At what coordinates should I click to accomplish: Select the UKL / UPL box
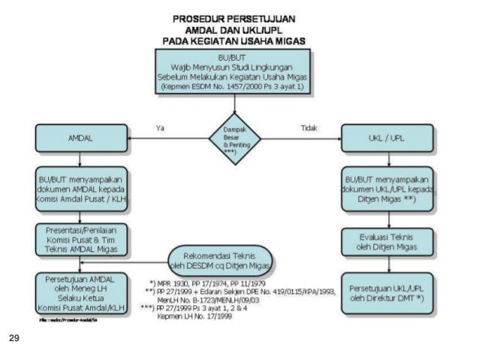(x=386, y=140)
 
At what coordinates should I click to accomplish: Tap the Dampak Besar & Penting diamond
(x=234, y=140)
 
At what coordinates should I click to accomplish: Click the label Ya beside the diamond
(x=159, y=128)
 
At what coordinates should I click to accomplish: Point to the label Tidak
(x=309, y=128)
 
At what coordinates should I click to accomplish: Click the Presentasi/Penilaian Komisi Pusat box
(x=80, y=239)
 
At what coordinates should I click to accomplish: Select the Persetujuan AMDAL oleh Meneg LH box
(x=80, y=292)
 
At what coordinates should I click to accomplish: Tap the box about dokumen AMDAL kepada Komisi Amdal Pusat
(x=80, y=191)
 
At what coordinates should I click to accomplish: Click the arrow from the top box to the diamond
(x=234, y=104)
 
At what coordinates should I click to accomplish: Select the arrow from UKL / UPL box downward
(x=387, y=159)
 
